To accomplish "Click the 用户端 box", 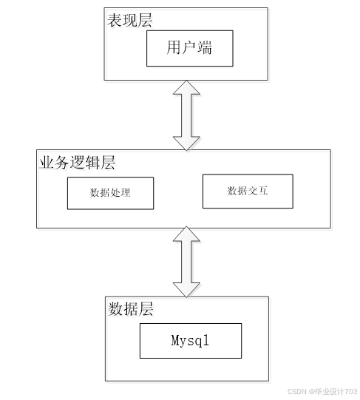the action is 189,49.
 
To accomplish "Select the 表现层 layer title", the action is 130,21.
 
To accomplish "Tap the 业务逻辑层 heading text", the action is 77,163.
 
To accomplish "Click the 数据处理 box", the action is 110,194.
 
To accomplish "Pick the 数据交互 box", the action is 248,191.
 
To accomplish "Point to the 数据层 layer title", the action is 131,309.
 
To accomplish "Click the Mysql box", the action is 191,341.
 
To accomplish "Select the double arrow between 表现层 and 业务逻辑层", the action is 186,115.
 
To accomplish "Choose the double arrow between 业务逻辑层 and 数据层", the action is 186,262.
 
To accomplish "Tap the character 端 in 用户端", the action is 204,47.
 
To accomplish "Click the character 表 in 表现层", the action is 115,21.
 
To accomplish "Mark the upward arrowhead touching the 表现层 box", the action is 186,88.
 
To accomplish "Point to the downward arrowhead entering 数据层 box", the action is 186,290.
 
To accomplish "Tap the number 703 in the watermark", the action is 352,391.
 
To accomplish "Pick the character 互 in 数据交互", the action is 263,191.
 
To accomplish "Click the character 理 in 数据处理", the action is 126,192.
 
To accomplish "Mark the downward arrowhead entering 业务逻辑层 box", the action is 186,143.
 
